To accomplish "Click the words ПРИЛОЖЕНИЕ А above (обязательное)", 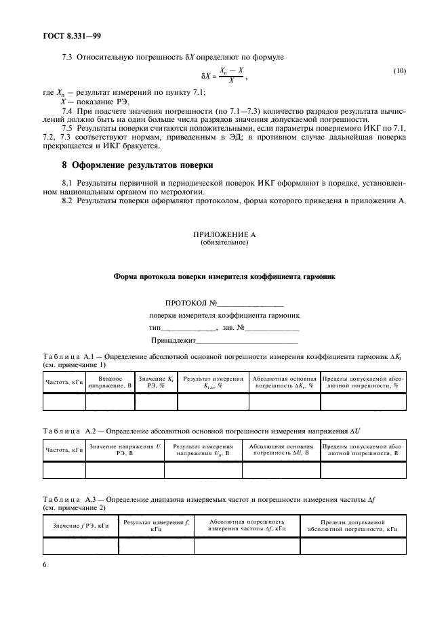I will coord(224,234).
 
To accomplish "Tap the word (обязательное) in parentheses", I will coord(224,242).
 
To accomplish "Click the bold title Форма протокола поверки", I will coord(224,277).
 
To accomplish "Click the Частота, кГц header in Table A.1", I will coord(64,382).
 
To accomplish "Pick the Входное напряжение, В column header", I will coord(110,381).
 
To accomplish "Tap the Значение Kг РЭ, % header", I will coord(156,381).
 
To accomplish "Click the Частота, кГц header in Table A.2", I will coord(64,450).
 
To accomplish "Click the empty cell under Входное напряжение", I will coord(110,402).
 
